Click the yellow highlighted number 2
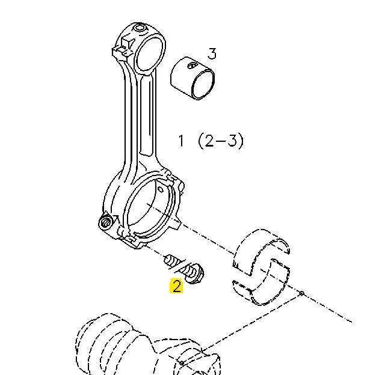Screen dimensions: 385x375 coord(176,285)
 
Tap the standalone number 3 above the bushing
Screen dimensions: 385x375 coord(212,53)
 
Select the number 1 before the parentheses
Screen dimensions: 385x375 coord(181,141)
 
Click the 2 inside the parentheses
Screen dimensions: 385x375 coord(209,141)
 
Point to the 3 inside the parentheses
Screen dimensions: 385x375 coord(232,141)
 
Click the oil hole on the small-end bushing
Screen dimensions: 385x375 coord(192,66)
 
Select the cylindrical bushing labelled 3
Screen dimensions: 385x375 coord(192,79)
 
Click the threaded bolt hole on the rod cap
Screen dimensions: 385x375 coord(106,223)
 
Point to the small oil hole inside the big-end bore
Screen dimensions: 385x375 coord(161,189)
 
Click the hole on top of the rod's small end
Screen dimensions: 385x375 coord(140,27)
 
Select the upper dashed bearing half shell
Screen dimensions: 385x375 coord(262,248)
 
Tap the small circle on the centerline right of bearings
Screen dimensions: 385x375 coord(301,293)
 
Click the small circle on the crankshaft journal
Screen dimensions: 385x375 coord(182,362)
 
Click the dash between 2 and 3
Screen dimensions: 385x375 coord(221,141)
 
